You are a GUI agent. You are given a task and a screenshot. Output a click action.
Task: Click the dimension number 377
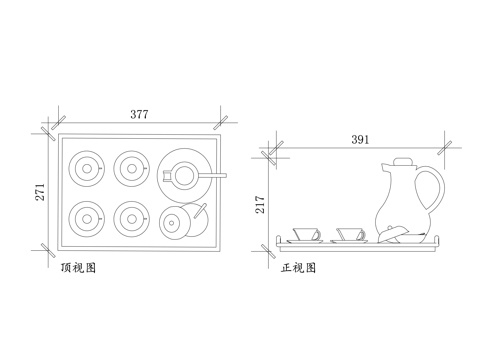[x=139, y=115]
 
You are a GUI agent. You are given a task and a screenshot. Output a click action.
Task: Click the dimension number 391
[x=361, y=139]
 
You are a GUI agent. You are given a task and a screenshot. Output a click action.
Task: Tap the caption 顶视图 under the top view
[x=77, y=268]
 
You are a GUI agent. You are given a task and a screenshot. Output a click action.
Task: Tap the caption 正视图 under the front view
[x=299, y=268]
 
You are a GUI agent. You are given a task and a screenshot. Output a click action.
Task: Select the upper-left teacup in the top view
[x=85, y=167]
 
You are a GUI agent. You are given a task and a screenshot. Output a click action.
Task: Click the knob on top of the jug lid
[x=402, y=161]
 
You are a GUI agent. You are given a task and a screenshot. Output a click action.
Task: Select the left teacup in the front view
[x=305, y=234]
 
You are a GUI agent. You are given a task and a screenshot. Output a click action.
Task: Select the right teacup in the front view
[x=349, y=234]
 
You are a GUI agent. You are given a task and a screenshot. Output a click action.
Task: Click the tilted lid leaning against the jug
[x=395, y=232]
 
